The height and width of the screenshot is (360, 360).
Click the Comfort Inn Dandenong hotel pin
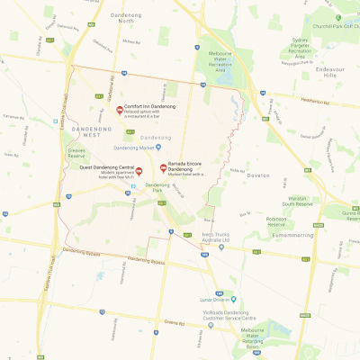120,111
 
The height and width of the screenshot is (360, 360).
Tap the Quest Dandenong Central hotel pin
139,170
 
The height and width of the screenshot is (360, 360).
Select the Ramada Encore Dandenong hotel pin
163,167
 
